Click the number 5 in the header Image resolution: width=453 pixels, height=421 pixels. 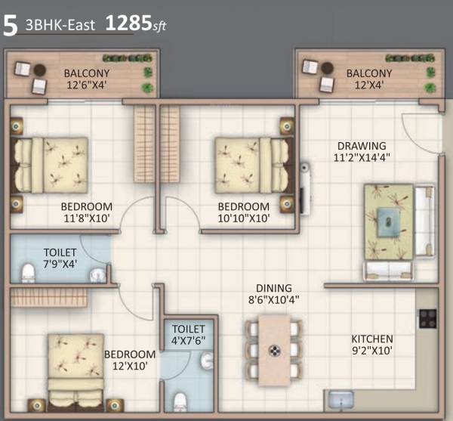point(11,24)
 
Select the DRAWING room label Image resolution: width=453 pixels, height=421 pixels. point(361,146)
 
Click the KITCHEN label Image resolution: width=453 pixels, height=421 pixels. point(371,339)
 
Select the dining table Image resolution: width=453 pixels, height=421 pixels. point(274,348)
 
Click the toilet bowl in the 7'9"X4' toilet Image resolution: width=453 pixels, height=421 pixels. point(28,272)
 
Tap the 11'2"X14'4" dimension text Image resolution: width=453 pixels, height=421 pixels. point(362,158)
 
